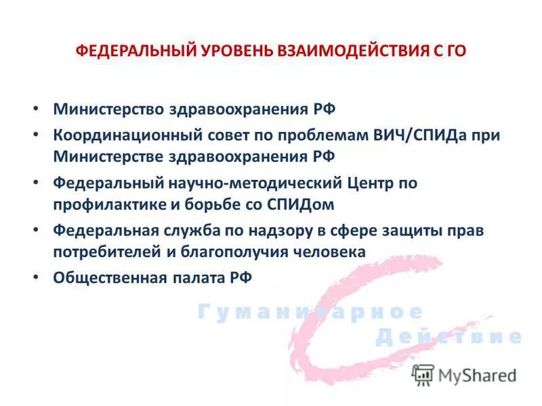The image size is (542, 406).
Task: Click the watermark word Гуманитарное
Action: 310,312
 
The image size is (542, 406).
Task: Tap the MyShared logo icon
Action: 423,375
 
